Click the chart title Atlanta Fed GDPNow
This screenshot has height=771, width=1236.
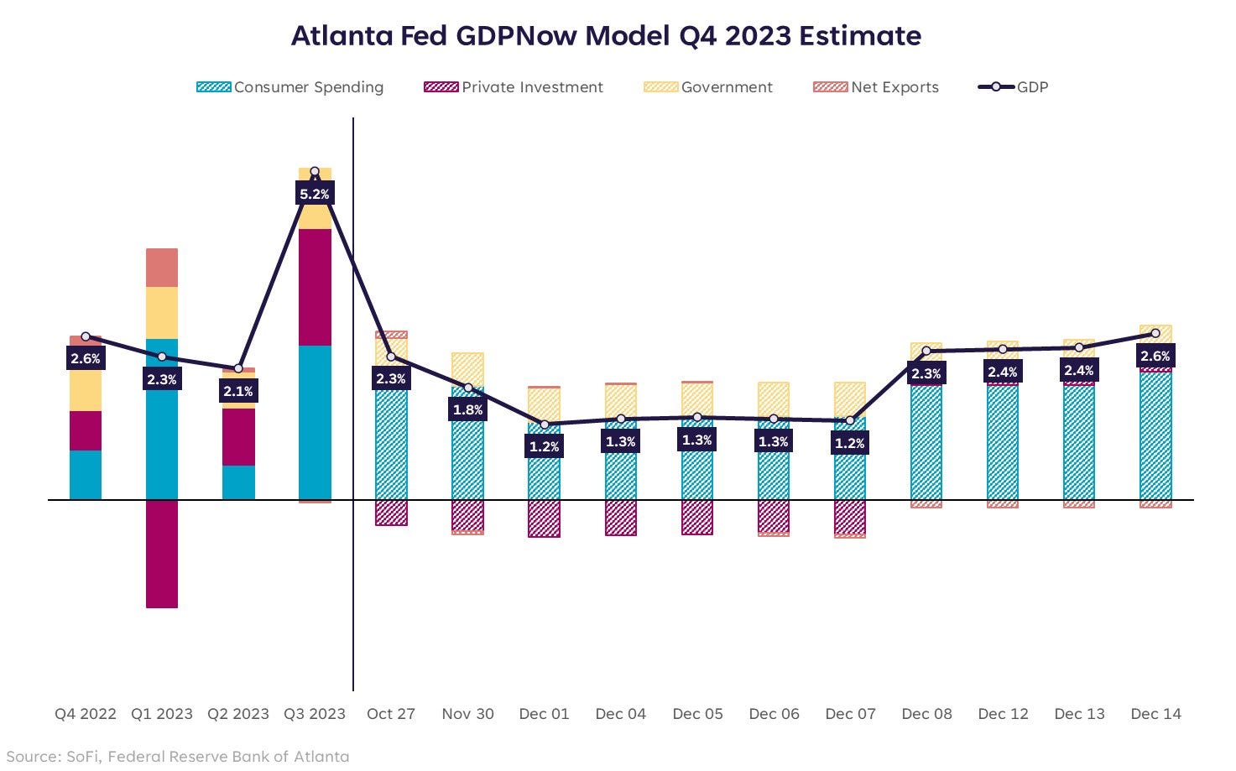[x=606, y=36]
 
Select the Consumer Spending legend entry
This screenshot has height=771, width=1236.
[x=290, y=87]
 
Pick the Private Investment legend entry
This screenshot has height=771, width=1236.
[x=514, y=87]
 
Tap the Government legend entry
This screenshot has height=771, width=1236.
[x=708, y=87]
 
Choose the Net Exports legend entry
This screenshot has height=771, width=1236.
[x=876, y=87]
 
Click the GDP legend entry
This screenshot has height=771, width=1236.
[x=1014, y=87]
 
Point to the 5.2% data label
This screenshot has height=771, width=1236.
[x=315, y=195]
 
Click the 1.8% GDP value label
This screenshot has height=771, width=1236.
[x=468, y=409]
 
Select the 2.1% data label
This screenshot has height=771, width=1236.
[x=238, y=392]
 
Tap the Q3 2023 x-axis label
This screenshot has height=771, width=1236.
[x=315, y=714]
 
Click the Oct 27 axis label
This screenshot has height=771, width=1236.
[x=391, y=714]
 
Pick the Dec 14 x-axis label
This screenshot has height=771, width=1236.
[x=1155, y=714]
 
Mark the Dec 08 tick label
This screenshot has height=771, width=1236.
[x=926, y=714]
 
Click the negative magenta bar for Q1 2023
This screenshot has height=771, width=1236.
[x=162, y=554]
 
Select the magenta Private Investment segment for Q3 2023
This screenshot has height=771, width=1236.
[x=315, y=287]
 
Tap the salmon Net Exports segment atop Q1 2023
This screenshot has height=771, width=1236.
[x=162, y=268]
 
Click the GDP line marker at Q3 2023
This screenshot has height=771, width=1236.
[x=315, y=172]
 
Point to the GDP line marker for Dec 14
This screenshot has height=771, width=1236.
[x=1155, y=334]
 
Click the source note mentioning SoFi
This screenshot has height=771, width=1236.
[x=178, y=757]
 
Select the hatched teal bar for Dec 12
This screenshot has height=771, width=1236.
[x=1003, y=445]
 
